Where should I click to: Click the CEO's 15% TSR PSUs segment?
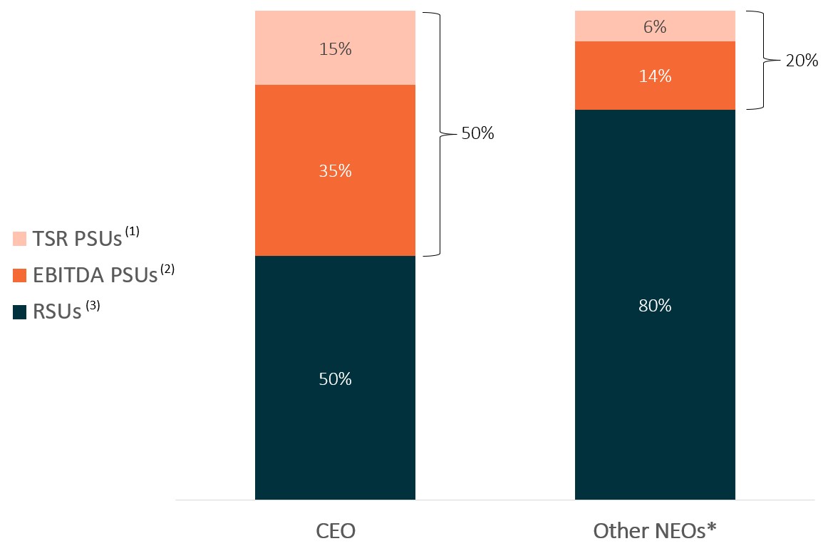[x=335, y=48]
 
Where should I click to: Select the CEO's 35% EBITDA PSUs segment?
[x=335, y=170]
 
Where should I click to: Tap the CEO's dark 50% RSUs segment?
[x=335, y=378]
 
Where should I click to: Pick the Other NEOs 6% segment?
[x=655, y=26]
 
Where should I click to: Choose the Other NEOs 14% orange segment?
[x=655, y=76]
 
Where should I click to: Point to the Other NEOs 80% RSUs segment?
[x=655, y=304]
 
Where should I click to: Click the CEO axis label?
[x=336, y=531]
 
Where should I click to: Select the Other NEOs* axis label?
[x=655, y=531]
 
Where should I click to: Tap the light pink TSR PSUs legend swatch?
[x=19, y=239]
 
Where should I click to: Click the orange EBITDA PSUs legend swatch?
[x=19, y=276]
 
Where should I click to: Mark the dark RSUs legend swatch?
[x=19, y=312]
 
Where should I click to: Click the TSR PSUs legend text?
[x=77, y=239]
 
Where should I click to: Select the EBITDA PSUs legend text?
[x=95, y=275]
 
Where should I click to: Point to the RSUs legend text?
[x=57, y=312]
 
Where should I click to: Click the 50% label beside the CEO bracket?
[x=477, y=133]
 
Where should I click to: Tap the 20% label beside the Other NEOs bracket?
[x=802, y=61]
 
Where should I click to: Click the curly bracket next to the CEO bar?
[x=440, y=134]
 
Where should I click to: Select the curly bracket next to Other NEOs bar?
[x=762, y=61]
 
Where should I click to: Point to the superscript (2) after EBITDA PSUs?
[x=167, y=269]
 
